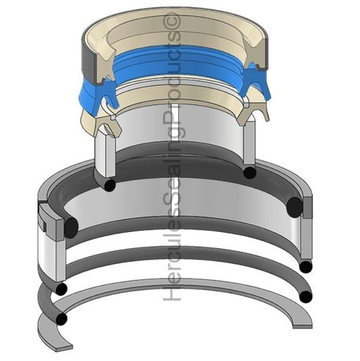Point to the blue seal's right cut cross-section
pos(255,80)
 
